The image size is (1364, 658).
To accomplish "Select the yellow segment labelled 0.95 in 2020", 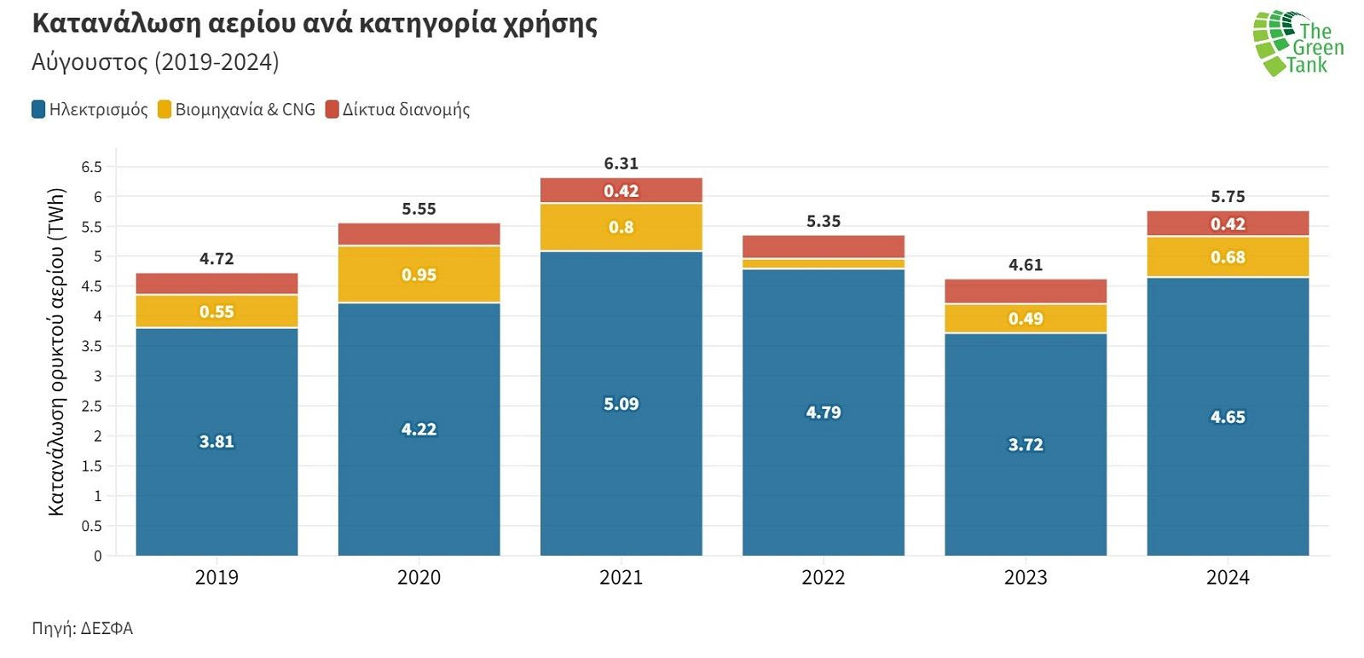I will [x=419, y=274].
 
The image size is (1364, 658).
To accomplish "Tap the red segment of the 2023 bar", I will [x=1025, y=291].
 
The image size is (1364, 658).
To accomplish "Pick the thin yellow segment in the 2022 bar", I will [x=823, y=263].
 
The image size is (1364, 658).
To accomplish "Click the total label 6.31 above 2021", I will [x=621, y=164].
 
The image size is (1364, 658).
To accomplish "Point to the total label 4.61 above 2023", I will [x=1025, y=265].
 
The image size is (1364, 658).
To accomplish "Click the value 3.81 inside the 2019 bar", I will [x=217, y=442].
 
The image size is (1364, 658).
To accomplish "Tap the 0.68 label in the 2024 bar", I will [x=1228, y=257].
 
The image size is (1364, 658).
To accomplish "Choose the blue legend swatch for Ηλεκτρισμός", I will [x=38, y=110].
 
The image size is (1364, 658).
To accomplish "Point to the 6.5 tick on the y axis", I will [x=91, y=167].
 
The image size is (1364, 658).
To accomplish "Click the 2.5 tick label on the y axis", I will [x=91, y=407].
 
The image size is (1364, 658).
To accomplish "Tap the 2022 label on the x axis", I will [x=823, y=578].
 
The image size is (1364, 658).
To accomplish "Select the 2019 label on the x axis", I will [x=217, y=578].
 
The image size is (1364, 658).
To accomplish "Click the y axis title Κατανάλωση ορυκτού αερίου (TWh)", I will [x=56, y=351].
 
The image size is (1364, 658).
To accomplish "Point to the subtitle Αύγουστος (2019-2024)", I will [x=155, y=62].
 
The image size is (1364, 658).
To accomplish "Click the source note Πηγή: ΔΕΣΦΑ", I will [x=83, y=629].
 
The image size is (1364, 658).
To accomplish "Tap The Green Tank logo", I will [x=1298, y=43].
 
